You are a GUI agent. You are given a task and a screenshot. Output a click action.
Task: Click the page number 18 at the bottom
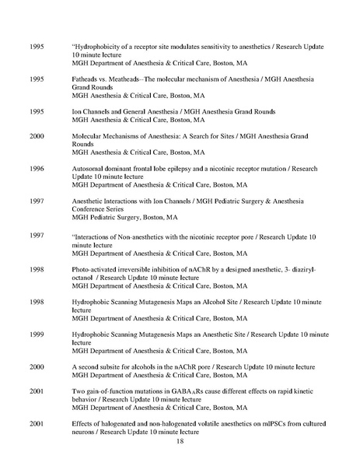coord(180,441)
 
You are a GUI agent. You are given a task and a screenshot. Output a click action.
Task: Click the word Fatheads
coord(86,79)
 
